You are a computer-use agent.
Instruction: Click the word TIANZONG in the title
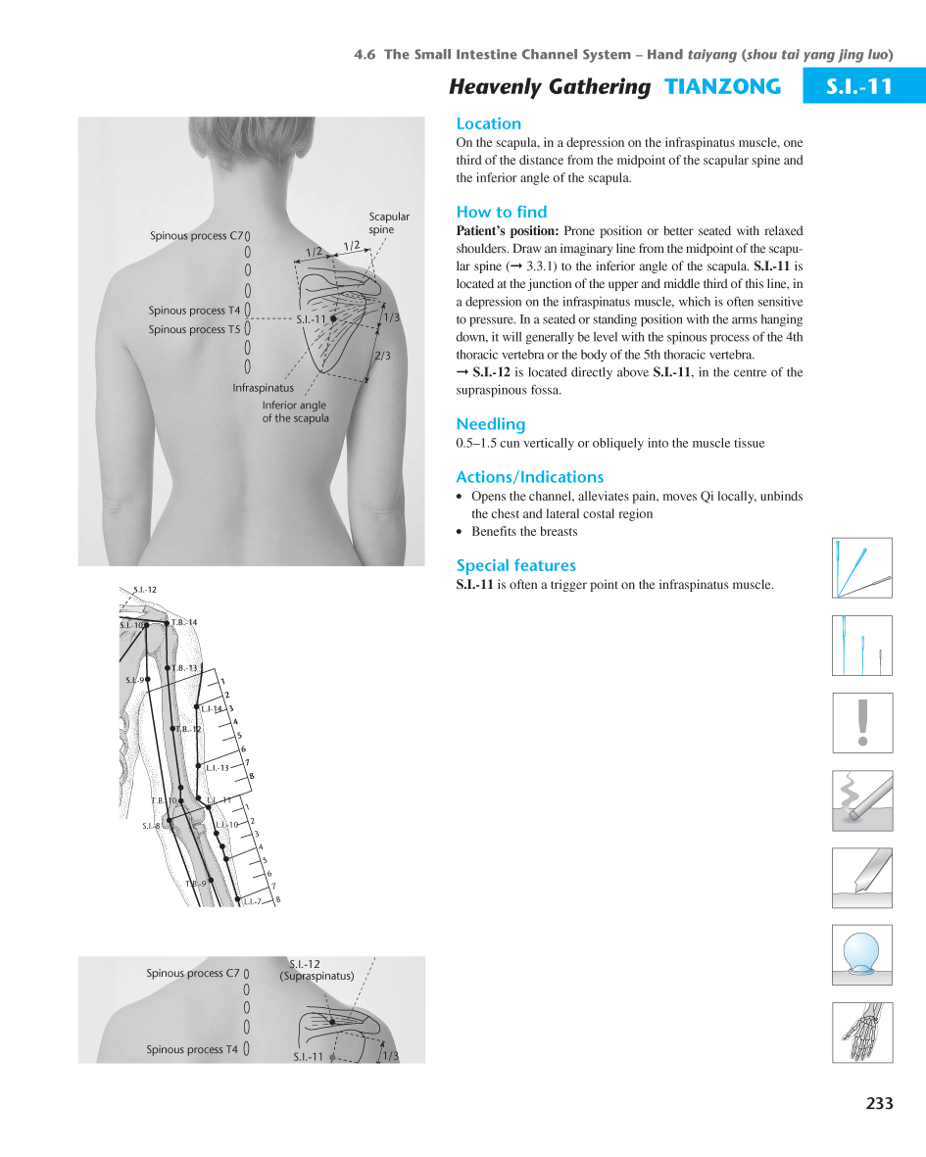722,86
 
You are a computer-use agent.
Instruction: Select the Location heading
488,123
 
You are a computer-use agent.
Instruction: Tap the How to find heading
501,212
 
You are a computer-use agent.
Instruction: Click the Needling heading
490,424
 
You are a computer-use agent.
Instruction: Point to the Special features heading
515,565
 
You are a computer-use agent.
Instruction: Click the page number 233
879,1103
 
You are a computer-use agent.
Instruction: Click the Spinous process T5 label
194,329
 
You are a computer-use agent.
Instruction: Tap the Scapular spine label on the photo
388,222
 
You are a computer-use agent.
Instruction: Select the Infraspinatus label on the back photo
263,388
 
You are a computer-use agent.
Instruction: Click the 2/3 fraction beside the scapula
382,356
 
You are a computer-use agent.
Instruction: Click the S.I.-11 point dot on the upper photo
334,319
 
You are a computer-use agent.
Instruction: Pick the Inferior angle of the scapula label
295,411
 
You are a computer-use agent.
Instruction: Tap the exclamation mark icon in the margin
862,722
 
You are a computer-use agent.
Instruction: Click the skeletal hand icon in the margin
862,1032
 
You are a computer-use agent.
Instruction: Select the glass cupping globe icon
862,953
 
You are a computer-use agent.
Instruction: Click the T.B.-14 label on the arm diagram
184,623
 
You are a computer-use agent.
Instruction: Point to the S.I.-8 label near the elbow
150,826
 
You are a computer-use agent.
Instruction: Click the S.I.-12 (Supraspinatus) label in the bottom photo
316,970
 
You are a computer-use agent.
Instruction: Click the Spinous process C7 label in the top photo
196,235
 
